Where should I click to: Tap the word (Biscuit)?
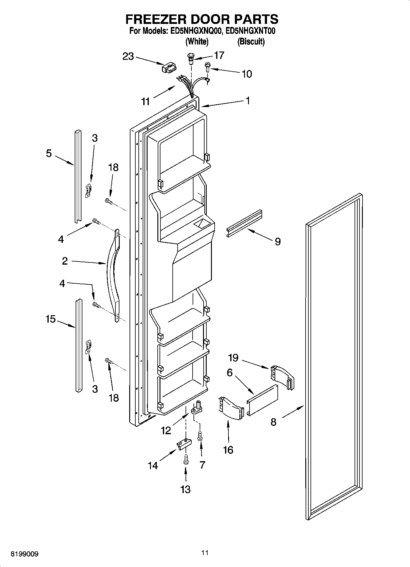coord(251,41)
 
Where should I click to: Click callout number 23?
coord(128,56)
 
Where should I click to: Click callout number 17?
coord(219,55)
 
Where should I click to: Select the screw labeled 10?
coord(208,66)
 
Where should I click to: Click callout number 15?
coord(51,319)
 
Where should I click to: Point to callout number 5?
coord(49,153)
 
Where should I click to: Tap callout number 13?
coord(186,489)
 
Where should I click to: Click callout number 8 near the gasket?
coord(273,422)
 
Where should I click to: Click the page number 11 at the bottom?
coord(205,553)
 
